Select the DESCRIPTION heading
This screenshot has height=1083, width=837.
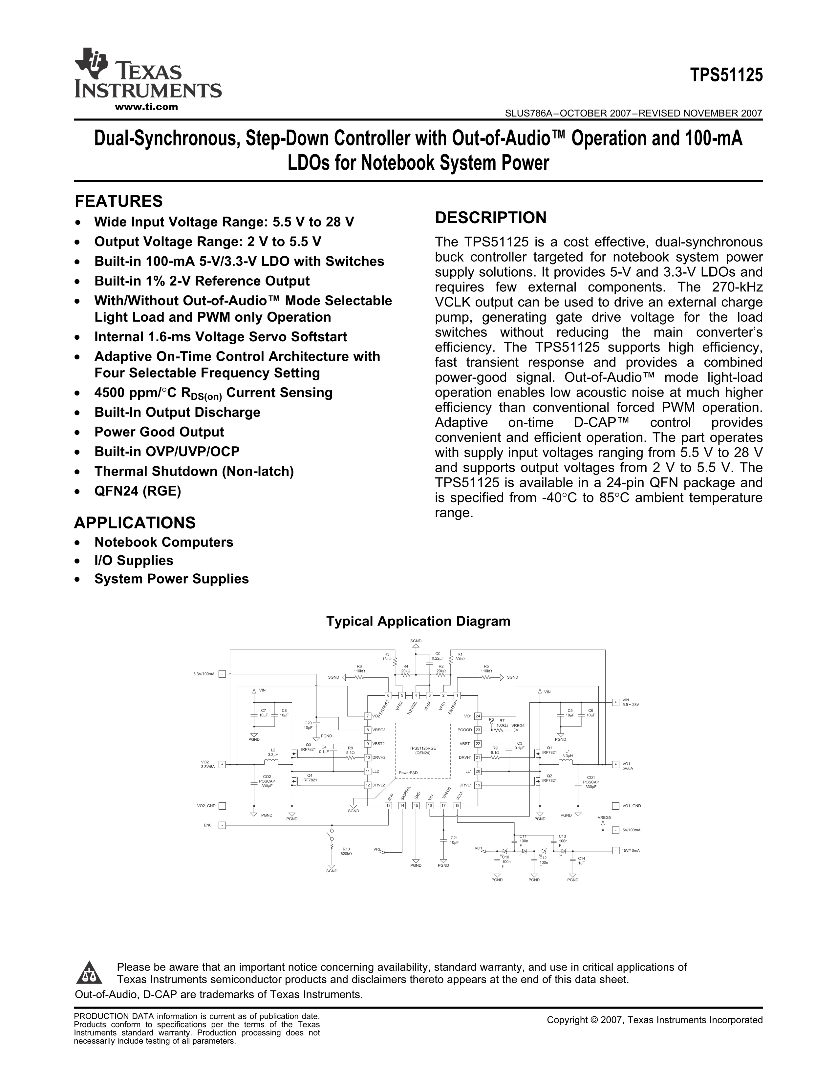[x=490, y=217]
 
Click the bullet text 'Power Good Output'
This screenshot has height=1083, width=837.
[x=159, y=432]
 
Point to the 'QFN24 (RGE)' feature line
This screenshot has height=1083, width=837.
[x=138, y=491]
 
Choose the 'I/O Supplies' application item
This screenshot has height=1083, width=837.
[x=134, y=560]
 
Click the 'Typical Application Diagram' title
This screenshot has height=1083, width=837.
[x=418, y=621]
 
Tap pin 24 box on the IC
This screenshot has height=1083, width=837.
[x=478, y=716]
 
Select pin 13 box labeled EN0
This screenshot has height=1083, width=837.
[x=389, y=806]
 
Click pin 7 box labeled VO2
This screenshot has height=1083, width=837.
[x=367, y=716]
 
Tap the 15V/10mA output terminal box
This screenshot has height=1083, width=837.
[x=615, y=850]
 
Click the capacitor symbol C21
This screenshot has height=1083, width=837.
[x=443, y=839]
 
